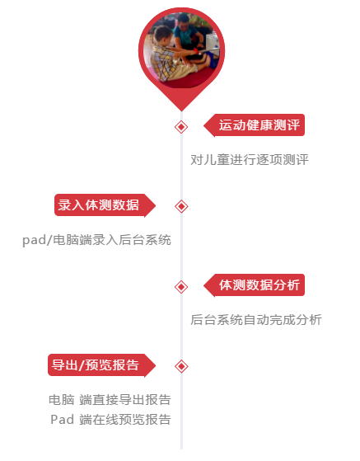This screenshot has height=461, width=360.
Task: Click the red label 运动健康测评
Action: point(255,125)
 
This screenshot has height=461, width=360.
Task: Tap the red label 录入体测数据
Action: point(105,205)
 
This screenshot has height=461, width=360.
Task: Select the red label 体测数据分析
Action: point(255,285)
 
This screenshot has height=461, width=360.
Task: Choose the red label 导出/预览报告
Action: point(102,365)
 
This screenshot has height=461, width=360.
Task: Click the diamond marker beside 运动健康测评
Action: point(181,127)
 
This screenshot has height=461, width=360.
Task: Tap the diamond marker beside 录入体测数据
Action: point(181,206)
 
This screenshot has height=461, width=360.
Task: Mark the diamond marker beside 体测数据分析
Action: point(181,287)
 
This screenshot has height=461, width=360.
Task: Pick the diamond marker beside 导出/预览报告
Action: point(181,366)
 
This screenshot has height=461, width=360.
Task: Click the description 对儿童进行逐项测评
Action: point(250,160)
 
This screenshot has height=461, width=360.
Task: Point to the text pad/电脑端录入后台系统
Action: point(97,240)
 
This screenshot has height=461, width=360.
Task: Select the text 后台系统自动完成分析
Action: point(256,320)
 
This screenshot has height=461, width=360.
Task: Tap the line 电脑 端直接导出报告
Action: point(110,400)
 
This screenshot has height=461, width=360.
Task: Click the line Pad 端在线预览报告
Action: point(110,420)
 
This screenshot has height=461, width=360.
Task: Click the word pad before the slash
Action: point(34,241)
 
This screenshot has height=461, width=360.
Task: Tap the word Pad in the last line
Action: point(62,420)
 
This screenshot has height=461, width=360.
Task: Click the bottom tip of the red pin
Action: point(181,111)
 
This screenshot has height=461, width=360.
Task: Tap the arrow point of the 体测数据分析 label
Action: point(204,285)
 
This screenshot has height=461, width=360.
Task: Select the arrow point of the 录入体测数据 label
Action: point(155,205)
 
